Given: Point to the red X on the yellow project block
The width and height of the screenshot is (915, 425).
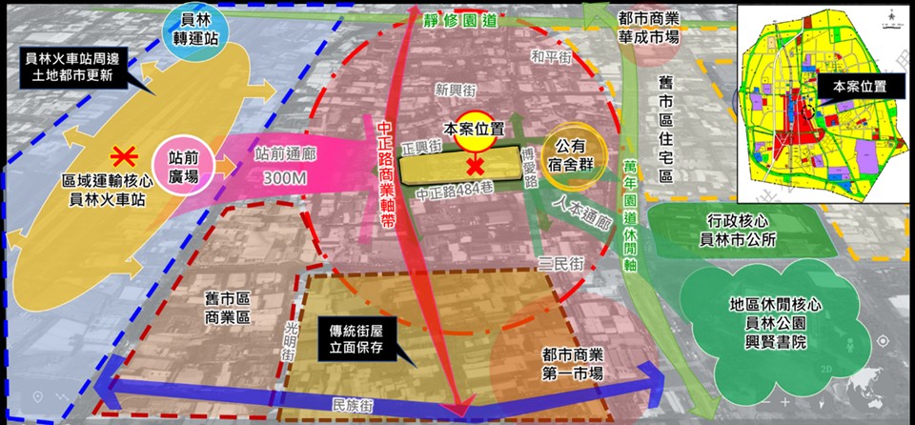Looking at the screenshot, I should coord(473,167).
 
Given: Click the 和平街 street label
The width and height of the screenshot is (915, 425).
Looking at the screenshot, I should coord(553,57).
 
